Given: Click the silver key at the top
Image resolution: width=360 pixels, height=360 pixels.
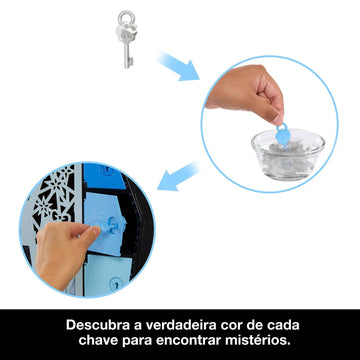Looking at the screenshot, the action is tap(126, 40).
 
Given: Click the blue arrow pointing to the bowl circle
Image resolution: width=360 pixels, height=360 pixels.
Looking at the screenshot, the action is tap(179, 66).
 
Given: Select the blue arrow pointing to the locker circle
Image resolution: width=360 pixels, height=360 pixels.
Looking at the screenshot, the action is tap(178, 177).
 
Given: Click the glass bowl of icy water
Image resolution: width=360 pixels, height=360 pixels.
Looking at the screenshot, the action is tap(288, 154).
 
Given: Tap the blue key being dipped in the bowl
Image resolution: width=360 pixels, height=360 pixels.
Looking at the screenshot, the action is tap(283, 135).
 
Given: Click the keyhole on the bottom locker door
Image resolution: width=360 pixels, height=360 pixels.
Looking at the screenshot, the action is tap(116, 284).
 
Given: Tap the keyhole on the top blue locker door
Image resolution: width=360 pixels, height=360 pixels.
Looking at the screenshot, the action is tap(107, 169).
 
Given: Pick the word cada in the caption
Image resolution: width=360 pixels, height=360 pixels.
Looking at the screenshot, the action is tap(283, 325).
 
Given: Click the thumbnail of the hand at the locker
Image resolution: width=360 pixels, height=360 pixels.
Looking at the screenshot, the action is tap(87, 229).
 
